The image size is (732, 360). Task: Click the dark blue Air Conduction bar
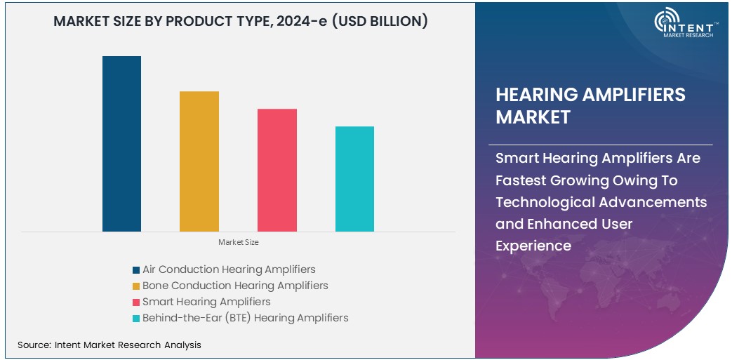(x=121, y=144)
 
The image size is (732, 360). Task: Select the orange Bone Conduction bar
(x=199, y=161)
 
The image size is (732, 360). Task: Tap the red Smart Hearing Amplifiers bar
(x=277, y=170)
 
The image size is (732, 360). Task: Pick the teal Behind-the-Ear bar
(x=354, y=179)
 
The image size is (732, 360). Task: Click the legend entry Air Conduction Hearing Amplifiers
(x=229, y=269)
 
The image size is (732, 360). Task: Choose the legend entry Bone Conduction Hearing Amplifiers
(x=235, y=286)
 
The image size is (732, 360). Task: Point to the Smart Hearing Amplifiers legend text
(x=206, y=302)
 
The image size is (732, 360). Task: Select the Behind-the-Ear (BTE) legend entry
(x=245, y=318)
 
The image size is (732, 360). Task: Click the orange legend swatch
(x=135, y=286)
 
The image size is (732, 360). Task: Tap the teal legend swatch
(x=135, y=319)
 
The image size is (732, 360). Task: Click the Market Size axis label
(x=238, y=242)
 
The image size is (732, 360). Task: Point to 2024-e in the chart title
(x=298, y=22)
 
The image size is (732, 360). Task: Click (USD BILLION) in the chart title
(x=380, y=22)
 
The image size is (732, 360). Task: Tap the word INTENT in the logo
(x=694, y=25)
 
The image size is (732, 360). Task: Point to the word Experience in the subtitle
(x=533, y=246)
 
